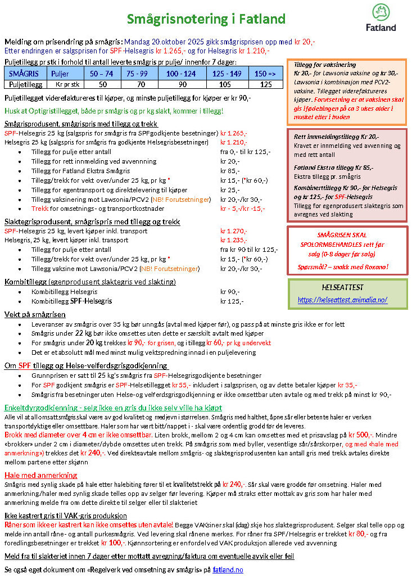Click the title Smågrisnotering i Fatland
point(206,20)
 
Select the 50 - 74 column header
point(102,74)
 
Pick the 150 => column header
point(265,74)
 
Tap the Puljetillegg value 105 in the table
point(225,84)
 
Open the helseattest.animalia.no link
point(342,300)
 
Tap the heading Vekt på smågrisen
point(35,314)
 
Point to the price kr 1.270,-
point(233,230)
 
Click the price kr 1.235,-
point(233,239)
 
